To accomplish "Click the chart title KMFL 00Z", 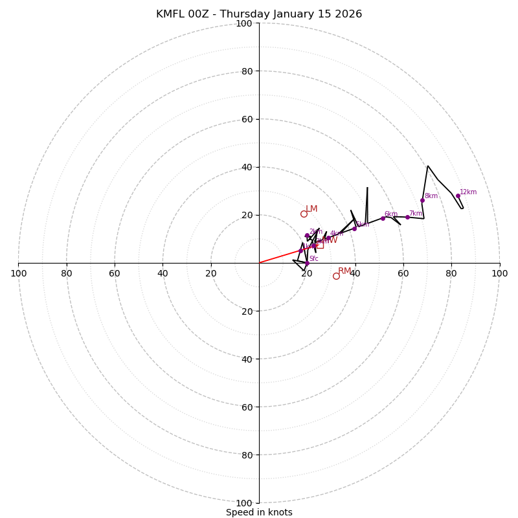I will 259,14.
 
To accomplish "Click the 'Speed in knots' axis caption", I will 259,512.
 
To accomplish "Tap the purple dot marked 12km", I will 458,196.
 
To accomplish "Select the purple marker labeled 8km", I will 422,200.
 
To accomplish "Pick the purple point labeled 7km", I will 407,217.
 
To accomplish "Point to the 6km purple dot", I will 383,218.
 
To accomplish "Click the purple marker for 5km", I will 354,229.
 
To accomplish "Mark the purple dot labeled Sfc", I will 307,263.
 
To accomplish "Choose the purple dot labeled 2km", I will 307,235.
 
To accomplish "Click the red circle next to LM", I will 304,214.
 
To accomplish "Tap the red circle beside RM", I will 336,276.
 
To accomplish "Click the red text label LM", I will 311,208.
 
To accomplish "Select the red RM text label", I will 344,271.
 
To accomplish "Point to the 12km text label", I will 468,192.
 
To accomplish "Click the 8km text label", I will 431,196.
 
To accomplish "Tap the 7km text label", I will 415,213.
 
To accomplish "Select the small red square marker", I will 319,245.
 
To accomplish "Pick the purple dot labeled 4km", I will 328,238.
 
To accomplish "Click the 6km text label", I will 391,214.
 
